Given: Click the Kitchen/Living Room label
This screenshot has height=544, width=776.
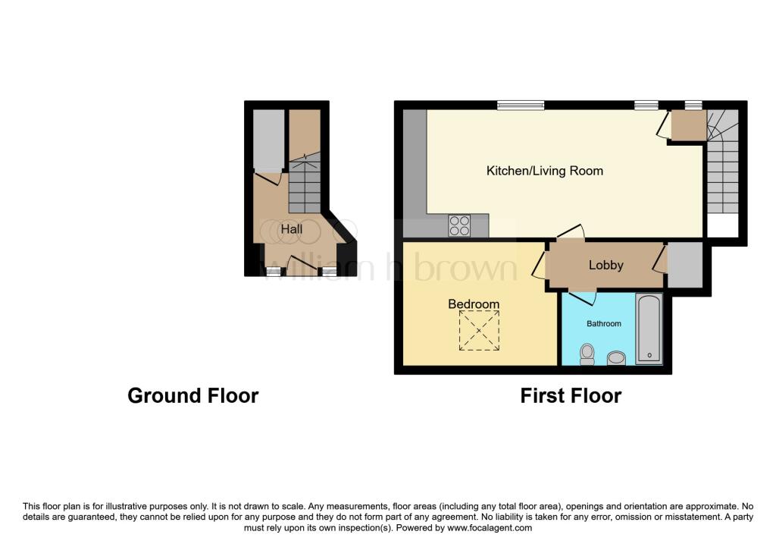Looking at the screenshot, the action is [544, 171].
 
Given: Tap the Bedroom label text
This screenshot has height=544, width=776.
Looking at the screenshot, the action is [474, 303].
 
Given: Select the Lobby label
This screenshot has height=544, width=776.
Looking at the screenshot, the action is [605, 265].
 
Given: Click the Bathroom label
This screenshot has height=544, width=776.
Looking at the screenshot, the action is [604, 323].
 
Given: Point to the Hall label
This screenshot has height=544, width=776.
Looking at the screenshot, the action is [292, 229].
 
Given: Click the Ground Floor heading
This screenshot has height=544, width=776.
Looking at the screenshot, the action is [193, 396].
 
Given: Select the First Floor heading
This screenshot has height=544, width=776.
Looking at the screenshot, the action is [571, 396].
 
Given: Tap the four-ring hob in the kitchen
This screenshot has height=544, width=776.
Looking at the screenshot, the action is [459, 225].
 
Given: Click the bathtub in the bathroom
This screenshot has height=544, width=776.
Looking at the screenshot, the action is [649, 329].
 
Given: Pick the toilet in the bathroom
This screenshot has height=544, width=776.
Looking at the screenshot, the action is [587, 354].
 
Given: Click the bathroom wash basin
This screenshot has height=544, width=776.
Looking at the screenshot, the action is [616, 357].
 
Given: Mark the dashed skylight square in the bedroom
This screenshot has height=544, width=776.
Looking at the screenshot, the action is [479, 331].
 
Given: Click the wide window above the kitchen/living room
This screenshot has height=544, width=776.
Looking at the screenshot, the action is [521, 105].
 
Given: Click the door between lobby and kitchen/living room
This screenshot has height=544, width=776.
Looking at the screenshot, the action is [571, 232].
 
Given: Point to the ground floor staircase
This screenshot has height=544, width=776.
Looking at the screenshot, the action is [305, 184].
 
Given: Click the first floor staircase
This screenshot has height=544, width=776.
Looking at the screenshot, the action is [722, 162].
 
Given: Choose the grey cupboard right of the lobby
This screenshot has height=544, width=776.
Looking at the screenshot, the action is [685, 264].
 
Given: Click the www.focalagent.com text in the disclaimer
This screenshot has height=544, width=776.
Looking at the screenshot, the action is [490, 528].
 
